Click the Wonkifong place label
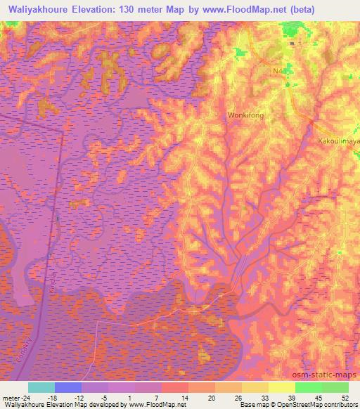[245, 114]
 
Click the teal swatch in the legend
[41, 387]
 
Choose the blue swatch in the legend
[68, 387]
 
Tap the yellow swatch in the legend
[281, 387]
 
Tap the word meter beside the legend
[11, 397]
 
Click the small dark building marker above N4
[292, 44]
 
